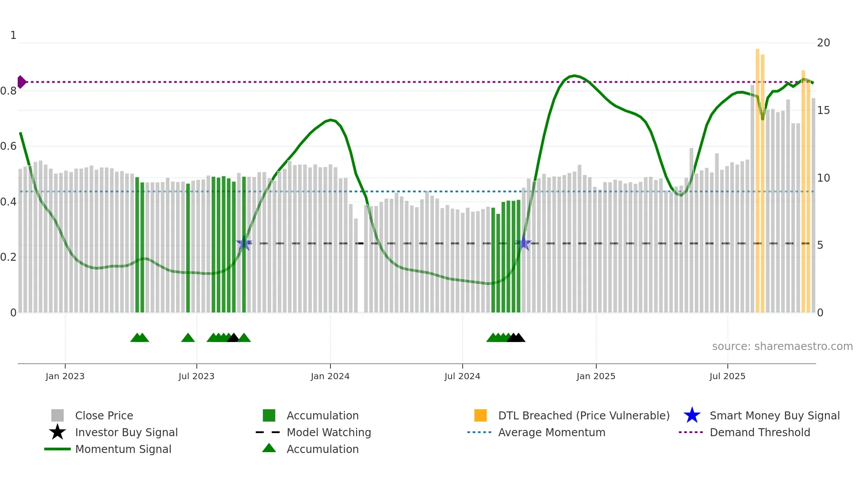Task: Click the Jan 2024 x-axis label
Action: coord(330,376)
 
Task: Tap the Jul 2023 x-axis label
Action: coord(196,376)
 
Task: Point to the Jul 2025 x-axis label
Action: coord(727,376)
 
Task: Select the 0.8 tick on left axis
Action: coord(8,91)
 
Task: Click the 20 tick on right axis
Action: coord(823,43)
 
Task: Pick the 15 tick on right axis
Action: coord(823,110)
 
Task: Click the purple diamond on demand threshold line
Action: coord(21,82)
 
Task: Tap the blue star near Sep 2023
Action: coord(244,243)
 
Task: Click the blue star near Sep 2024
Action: coord(524,243)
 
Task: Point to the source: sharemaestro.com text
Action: coord(782,346)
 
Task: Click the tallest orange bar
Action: coord(757,177)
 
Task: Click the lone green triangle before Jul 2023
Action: coord(188,338)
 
